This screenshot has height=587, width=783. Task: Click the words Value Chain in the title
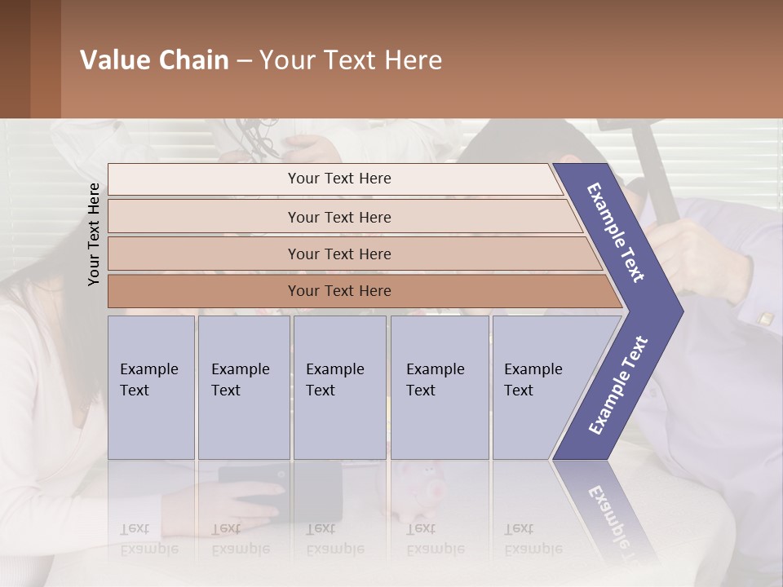pyautogui.click(x=154, y=60)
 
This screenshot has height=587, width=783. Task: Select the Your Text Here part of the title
pyautogui.click(x=351, y=60)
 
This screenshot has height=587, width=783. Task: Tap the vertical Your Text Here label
pyautogui.click(x=94, y=234)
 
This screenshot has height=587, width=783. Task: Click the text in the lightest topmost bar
pyautogui.click(x=339, y=179)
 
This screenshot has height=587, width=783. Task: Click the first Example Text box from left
pyautogui.click(x=151, y=387)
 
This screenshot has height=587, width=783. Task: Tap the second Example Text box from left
pyautogui.click(x=243, y=387)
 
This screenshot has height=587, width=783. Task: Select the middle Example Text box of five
pyautogui.click(x=339, y=387)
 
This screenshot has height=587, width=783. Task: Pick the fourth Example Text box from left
pyautogui.click(x=439, y=387)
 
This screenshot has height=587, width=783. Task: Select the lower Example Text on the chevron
pyautogui.click(x=618, y=386)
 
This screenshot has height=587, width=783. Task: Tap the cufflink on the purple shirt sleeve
pyautogui.click(x=766, y=319)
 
